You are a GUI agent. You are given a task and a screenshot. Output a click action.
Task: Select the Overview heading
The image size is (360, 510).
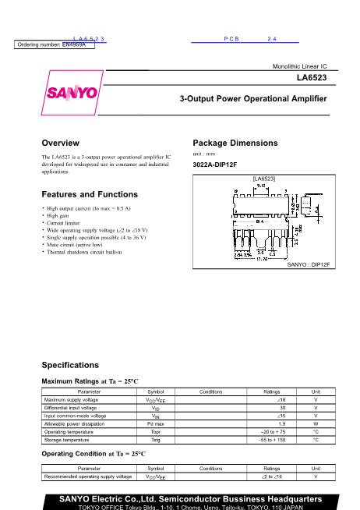click(60, 143)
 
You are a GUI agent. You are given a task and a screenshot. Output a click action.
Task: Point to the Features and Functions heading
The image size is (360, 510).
click(90, 194)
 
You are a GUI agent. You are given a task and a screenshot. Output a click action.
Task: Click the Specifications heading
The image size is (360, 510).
click(70, 365)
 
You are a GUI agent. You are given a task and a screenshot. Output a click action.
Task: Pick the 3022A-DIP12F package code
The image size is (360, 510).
click(215, 165)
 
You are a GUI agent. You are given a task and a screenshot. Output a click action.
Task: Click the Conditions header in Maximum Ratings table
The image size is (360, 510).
click(211, 391)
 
